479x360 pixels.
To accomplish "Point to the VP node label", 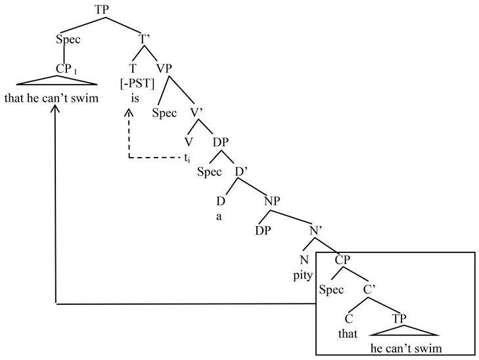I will [x=165, y=68].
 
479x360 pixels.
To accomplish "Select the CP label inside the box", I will [x=342, y=260].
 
